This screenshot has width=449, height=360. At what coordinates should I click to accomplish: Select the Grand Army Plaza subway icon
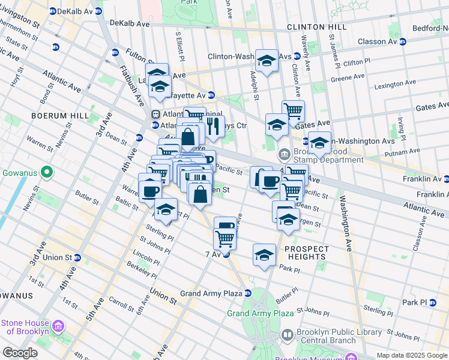247,293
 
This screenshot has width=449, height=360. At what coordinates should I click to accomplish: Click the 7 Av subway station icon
226,254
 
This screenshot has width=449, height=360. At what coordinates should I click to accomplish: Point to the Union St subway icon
77,257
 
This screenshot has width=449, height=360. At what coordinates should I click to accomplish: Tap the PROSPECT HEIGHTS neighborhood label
307,253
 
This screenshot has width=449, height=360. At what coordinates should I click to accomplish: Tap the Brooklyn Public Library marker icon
288,335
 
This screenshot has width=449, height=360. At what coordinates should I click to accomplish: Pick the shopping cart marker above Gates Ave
293,111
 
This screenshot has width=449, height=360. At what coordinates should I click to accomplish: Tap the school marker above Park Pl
264,255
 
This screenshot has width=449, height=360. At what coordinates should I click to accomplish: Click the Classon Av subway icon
403,41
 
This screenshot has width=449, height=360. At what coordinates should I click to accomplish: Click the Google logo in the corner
20,353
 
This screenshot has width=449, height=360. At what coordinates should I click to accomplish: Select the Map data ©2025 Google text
411,355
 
